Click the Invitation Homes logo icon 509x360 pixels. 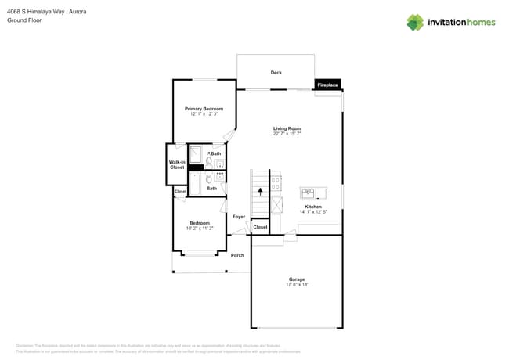415,22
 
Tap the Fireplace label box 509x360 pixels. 327,85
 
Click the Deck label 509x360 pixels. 276,73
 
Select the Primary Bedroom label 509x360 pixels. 204,109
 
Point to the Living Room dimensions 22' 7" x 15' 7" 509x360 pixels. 287,134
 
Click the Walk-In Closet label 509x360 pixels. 177,164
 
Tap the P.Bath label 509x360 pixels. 214,153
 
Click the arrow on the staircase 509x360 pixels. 261,190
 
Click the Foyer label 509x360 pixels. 239,216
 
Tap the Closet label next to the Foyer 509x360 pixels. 260,227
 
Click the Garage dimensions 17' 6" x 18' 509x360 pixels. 297,285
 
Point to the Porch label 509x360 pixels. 237,255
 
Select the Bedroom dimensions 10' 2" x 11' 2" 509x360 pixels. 199,229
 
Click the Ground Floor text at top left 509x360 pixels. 23,20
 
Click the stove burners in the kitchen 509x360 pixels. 276,184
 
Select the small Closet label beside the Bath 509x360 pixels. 180,191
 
